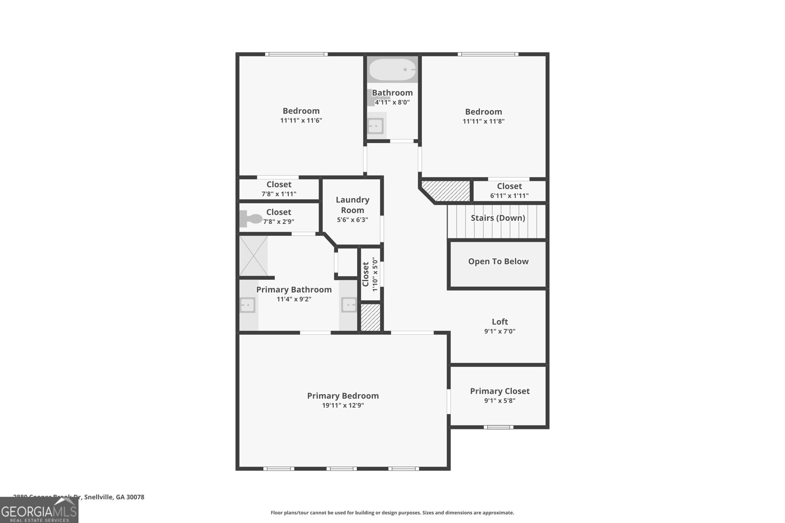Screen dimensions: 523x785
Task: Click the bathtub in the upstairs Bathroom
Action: point(392,70)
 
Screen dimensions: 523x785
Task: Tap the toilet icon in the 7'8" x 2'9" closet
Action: point(251,219)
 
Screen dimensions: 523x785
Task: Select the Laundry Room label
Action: point(352,205)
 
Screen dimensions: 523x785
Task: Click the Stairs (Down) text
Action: point(498,218)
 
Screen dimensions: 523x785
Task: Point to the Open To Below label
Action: point(498,261)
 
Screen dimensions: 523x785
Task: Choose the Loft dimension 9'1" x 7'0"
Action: point(499,331)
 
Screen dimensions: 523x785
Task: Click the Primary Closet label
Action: point(499,391)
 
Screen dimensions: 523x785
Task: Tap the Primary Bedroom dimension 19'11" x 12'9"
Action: point(343,405)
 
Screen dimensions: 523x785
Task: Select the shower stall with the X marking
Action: point(253,256)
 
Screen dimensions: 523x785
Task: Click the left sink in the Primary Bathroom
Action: point(248,306)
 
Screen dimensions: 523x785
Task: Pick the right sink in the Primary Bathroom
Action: point(349,306)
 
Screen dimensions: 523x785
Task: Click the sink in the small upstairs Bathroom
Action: point(375,126)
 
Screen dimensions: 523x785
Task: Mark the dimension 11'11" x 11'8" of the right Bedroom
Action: point(483,121)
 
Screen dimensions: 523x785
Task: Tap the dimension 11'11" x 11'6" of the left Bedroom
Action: point(301,120)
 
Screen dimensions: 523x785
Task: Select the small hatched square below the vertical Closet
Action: point(370,317)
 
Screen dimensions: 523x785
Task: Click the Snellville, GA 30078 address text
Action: point(114,497)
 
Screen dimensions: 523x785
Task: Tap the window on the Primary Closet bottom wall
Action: point(498,427)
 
